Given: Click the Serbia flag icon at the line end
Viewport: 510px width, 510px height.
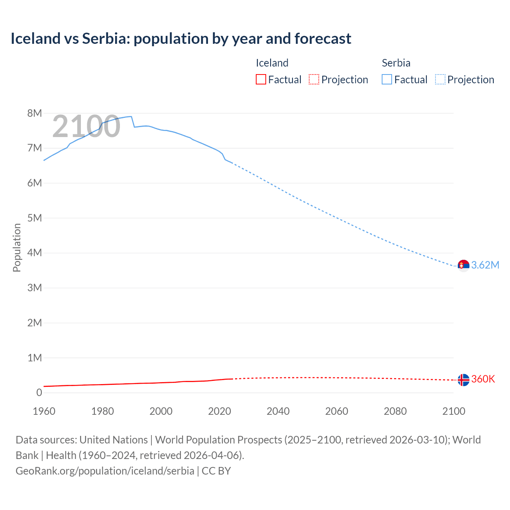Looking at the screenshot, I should [463, 265].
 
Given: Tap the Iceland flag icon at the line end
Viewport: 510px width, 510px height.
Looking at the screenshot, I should [463, 380].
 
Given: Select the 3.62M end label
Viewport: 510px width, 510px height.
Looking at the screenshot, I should [485, 265].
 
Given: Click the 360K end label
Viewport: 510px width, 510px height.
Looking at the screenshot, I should [483, 379].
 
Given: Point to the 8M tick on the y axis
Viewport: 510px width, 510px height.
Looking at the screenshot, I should [35, 113].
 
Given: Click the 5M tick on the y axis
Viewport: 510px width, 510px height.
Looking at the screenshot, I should [35, 218].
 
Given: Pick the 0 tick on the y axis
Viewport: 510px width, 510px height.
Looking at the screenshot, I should [39, 392].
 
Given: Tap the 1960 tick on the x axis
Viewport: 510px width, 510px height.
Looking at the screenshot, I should [44, 411].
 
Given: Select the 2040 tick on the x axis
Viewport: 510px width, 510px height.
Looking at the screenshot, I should [278, 411].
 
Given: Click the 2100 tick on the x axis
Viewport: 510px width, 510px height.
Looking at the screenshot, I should [453, 411].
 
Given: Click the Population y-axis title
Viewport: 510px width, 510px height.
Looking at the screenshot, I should [17, 247].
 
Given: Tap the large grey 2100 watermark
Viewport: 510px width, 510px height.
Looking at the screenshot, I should [86, 126].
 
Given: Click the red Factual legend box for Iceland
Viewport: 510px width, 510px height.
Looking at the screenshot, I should [261, 79].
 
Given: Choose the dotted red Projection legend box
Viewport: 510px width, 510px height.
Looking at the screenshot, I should [314, 79].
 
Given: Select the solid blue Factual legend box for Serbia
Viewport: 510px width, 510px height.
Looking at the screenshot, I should [387, 79].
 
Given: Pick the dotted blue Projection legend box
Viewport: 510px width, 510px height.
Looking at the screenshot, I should [440, 79].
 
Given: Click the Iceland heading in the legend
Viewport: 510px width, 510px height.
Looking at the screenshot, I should [272, 63].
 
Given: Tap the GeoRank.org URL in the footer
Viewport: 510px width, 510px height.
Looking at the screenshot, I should [105, 471].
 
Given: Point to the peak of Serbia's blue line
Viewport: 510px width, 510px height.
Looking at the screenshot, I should [131, 116].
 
